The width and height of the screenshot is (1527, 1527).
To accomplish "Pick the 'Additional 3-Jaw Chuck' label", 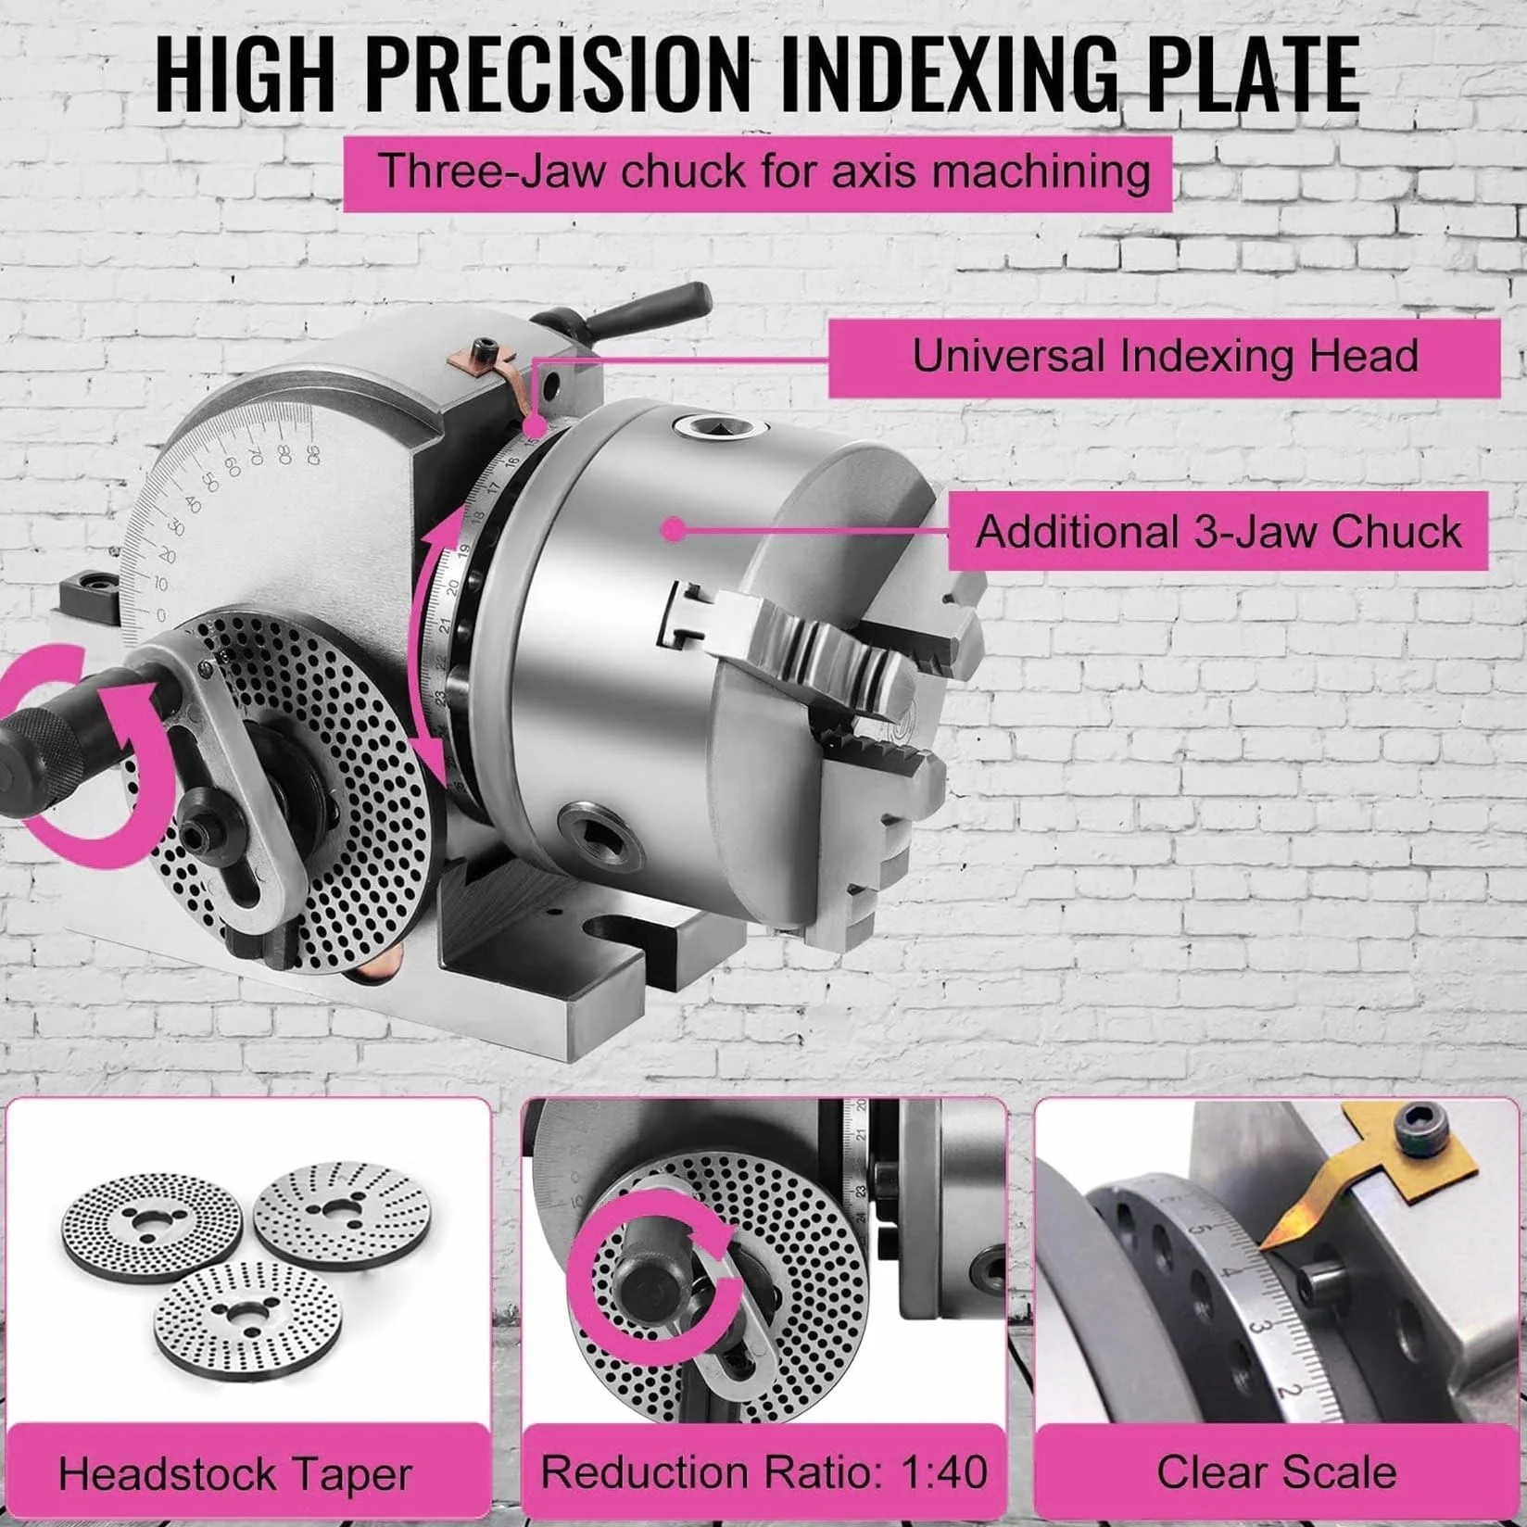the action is pos(1218,531).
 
